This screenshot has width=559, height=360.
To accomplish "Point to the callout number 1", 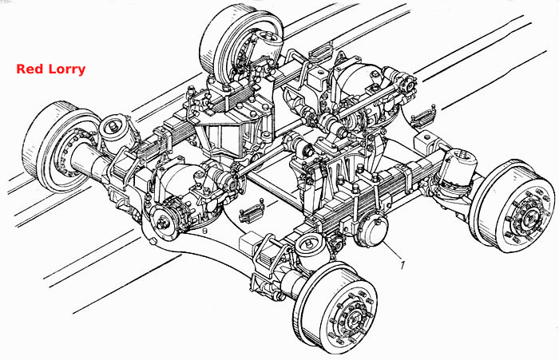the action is pyautogui.click(x=402, y=265).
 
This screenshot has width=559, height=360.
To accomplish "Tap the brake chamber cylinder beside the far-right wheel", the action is pyautogui.click(x=460, y=166).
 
